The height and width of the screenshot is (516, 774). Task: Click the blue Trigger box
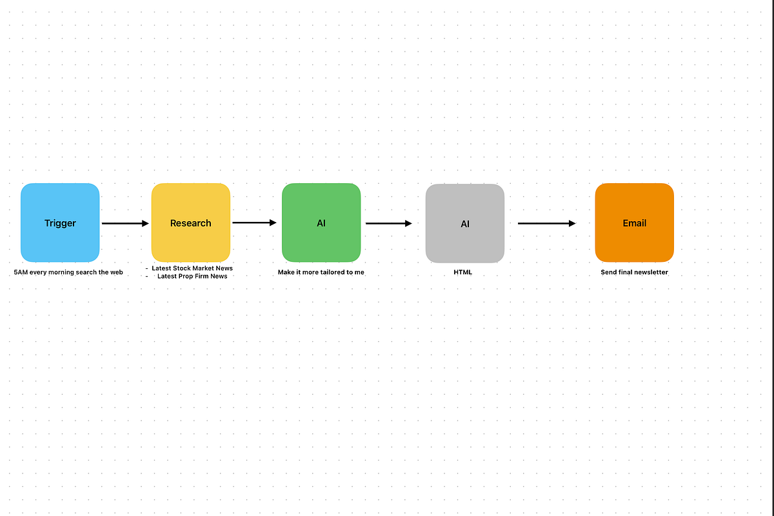(60, 223)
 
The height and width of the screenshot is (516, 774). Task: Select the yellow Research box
(191, 223)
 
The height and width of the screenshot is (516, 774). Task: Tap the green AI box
(321, 223)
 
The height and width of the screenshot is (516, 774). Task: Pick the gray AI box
(465, 223)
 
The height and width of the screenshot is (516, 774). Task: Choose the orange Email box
(635, 223)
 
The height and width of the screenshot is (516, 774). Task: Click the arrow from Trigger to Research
(125, 224)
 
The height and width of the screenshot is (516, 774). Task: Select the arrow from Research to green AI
(255, 223)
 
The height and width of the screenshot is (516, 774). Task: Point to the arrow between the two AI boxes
(389, 224)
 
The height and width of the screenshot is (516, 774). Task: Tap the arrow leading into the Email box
(547, 224)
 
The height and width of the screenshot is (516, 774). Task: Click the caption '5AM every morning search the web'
(68, 272)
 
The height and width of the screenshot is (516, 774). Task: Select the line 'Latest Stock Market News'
(192, 268)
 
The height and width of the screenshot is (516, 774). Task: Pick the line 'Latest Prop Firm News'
(192, 276)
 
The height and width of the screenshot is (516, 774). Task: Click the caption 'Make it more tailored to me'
(321, 272)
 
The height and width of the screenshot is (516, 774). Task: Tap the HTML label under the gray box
(462, 272)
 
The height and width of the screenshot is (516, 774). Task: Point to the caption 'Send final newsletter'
(635, 272)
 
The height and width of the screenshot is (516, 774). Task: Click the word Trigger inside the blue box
(60, 223)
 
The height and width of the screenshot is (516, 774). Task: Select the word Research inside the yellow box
(191, 223)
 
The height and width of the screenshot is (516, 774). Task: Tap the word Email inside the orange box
(635, 223)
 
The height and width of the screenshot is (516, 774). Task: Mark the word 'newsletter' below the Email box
(652, 272)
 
